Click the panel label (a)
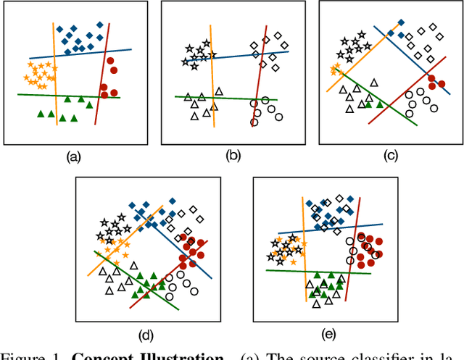pos(73,156)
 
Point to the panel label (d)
pos(146,334)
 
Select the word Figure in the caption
pos(22,355)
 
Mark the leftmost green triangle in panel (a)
pos(41,114)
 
